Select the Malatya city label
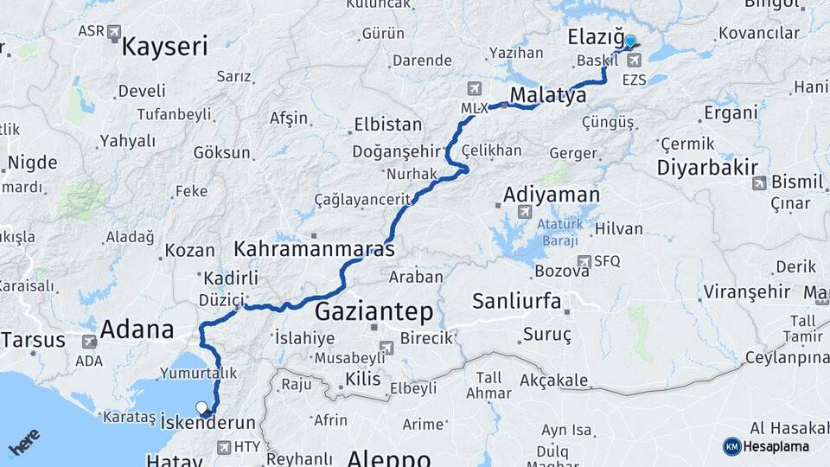548,94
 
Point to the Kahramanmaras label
315,248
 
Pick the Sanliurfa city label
517,301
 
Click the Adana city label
137,329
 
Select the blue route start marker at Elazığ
630,41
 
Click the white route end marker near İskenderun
201,407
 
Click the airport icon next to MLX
473,89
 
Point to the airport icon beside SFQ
584,261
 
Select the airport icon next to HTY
225,447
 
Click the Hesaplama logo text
776,446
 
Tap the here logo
24,443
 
